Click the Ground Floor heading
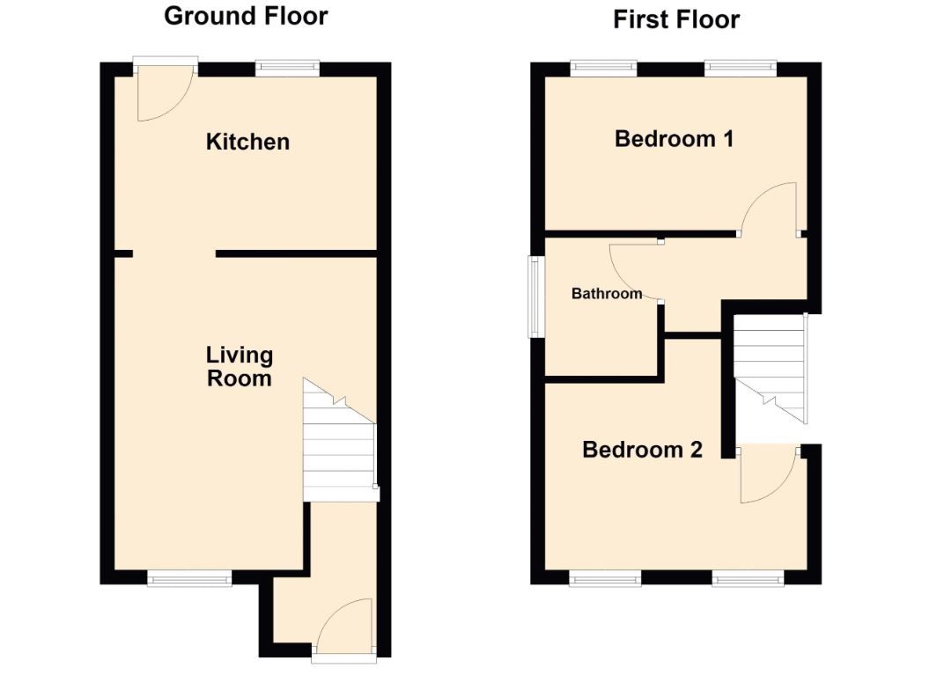[x=246, y=16]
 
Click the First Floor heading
[x=676, y=20]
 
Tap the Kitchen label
[x=247, y=142]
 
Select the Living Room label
[x=239, y=366]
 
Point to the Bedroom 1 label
[x=674, y=139]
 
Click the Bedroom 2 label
[x=642, y=450]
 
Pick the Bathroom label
[x=606, y=294]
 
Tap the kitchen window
[x=287, y=69]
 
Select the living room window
[x=189, y=577]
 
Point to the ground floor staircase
[x=340, y=440]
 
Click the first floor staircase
[x=770, y=368]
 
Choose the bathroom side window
[x=535, y=297]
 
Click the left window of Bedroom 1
[x=603, y=69]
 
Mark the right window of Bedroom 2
[x=749, y=577]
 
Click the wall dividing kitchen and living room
[x=296, y=253]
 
